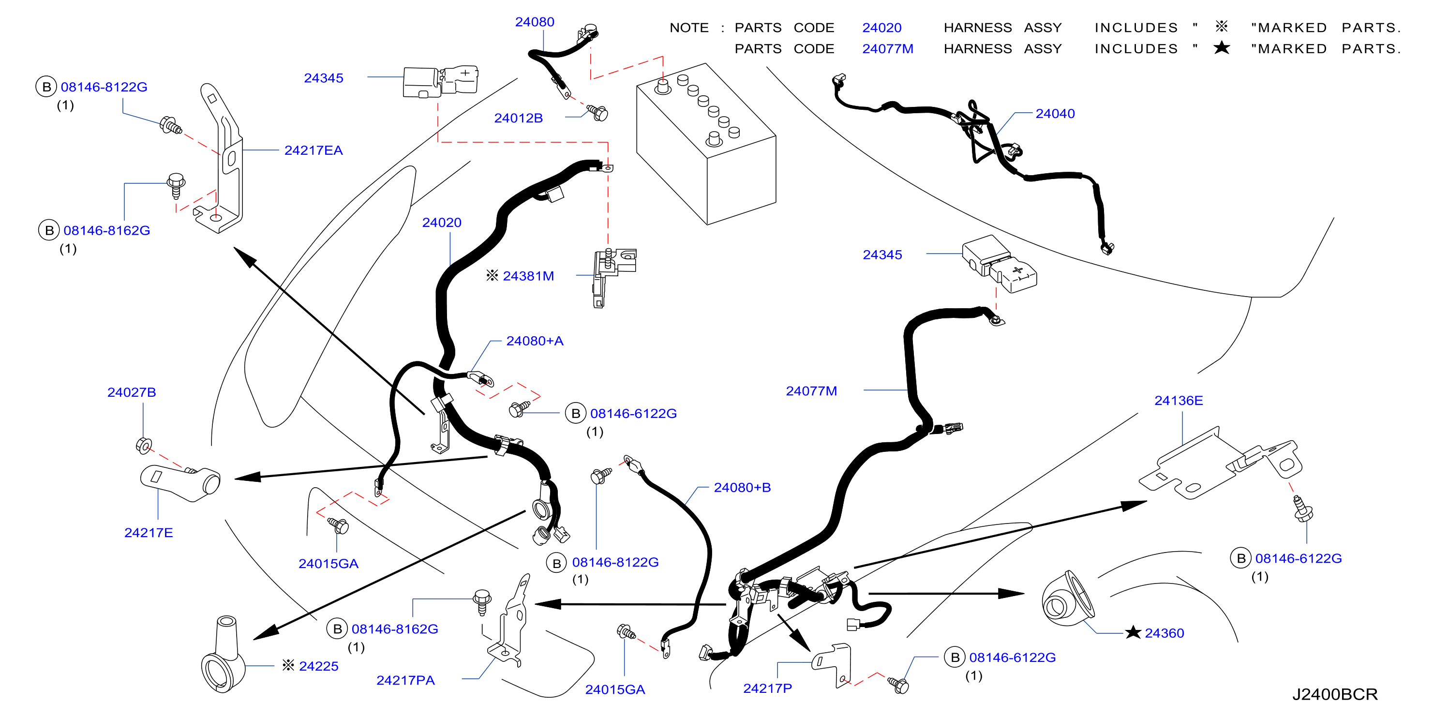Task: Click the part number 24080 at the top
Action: pyautogui.click(x=534, y=22)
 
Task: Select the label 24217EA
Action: pyautogui.click(x=313, y=150)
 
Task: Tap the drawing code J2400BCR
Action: pyautogui.click(x=1334, y=694)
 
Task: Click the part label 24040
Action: pyautogui.click(x=1055, y=113)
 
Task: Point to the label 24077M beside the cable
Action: pyautogui.click(x=811, y=391)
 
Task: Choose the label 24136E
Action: pyautogui.click(x=1178, y=401)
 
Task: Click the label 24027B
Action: pyautogui.click(x=131, y=392)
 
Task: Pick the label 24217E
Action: pyautogui.click(x=149, y=532)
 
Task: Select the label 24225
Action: pyautogui.click(x=318, y=666)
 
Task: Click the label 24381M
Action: pyautogui.click(x=528, y=276)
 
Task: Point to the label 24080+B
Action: pyautogui.click(x=742, y=487)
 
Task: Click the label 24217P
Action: pyautogui.click(x=767, y=688)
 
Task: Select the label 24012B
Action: pyautogui.click(x=518, y=118)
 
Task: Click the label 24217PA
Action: pyautogui.click(x=405, y=680)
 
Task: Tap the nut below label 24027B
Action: pyautogui.click(x=144, y=445)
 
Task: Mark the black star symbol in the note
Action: pyautogui.click(x=1222, y=48)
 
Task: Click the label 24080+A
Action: pyautogui.click(x=535, y=341)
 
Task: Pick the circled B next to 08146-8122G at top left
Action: pyautogui.click(x=47, y=87)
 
